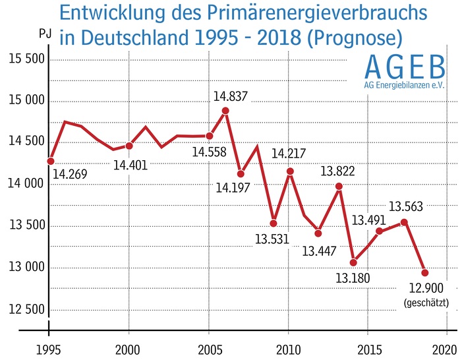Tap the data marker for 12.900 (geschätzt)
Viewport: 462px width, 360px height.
coord(425,272)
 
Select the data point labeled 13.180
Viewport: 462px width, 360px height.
coord(353,262)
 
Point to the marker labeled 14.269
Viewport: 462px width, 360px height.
coord(50,161)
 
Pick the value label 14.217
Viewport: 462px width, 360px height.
coord(288,154)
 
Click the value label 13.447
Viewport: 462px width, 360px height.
coord(319,251)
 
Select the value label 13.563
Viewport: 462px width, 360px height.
coord(405,206)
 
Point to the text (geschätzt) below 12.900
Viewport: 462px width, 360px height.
coord(426,303)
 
